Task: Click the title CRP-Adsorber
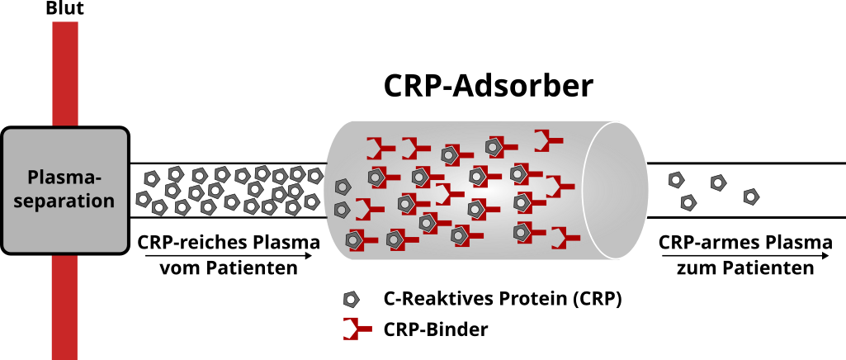point(488,87)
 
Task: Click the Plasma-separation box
point(64,190)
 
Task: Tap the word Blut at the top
point(64,9)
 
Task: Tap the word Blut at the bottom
point(64,352)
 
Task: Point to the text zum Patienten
point(745,268)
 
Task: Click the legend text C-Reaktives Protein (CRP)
point(502,299)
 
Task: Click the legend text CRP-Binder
point(436,329)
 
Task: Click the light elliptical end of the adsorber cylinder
point(615,189)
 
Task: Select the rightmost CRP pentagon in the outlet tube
point(750,196)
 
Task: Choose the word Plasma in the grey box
point(64,178)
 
